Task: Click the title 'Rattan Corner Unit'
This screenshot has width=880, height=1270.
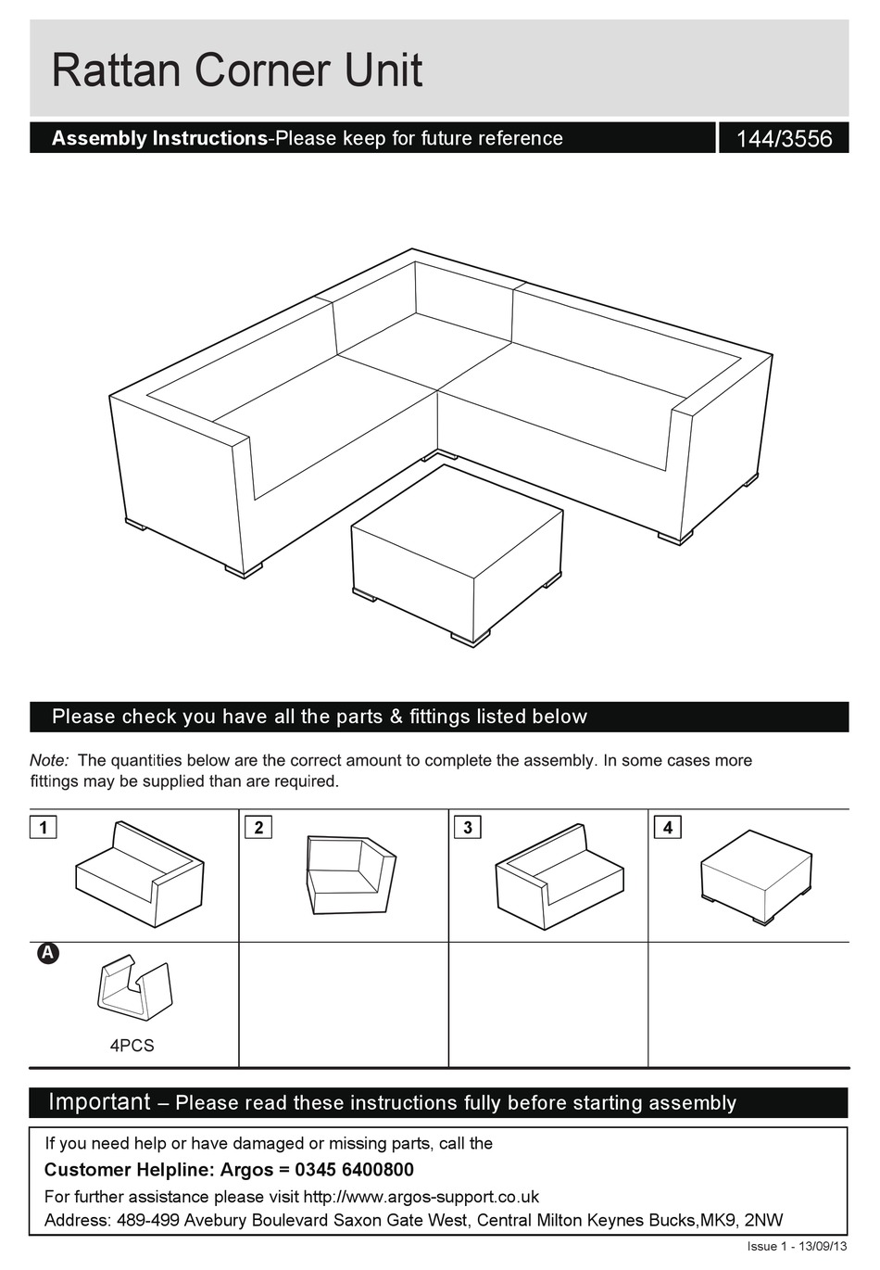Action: click(237, 71)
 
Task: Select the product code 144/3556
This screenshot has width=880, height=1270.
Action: click(784, 139)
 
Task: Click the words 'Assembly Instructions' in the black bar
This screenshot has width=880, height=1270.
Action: click(159, 138)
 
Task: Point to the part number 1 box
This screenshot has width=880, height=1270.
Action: click(43, 827)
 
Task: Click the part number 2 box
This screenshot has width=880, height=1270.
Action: click(258, 827)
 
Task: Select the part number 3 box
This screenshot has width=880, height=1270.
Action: click(468, 827)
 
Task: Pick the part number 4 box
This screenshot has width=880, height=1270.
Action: click(667, 827)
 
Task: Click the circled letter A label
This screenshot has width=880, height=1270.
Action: click(47, 953)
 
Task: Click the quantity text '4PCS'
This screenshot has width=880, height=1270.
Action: click(132, 1046)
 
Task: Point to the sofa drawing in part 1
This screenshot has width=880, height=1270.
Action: click(139, 874)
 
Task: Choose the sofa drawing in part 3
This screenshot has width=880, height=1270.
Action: click(559, 875)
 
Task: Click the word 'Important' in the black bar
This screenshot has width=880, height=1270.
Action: click(99, 1102)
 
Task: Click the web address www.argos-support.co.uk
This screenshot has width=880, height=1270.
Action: click(421, 1197)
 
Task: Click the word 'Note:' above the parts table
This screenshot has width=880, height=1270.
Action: click(49, 760)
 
